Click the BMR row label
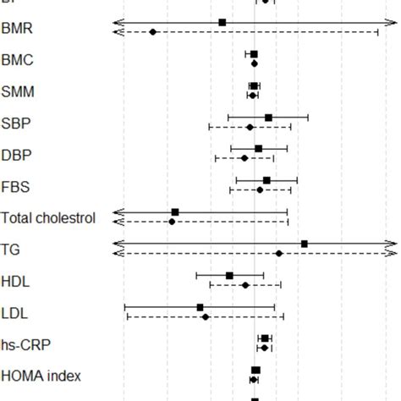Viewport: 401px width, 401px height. click(18, 29)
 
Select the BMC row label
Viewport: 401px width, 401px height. click(18, 60)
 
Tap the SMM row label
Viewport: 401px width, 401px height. click(18, 91)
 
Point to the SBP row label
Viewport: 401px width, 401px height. click(17, 124)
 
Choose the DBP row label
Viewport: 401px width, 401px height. click(17, 155)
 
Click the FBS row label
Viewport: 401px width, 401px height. click(16, 187)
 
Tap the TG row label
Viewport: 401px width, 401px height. click(11, 250)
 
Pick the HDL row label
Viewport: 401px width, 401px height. click(15, 282)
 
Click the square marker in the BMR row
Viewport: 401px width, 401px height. click(222, 22)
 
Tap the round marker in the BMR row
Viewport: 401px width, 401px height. click(152, 32)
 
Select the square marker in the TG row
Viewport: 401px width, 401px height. click(305, 244)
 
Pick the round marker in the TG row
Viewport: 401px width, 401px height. click(278, 253)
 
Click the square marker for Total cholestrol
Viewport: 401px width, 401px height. click(175, 211)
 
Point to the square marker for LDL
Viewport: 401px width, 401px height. click(200, 307)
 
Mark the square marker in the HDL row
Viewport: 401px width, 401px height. click(229, 275)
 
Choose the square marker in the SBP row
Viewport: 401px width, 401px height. click(268, 118)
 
